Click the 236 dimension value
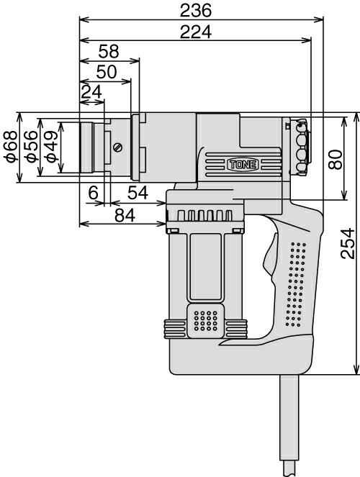point(195,11)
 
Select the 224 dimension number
point(195,32)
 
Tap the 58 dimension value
point(109,51)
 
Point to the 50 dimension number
point(107,72)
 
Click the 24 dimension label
point(91,91)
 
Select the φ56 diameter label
point(32,147)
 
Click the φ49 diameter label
point(50,147)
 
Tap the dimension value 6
point(94,193)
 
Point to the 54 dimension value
point(138,193)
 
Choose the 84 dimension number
point(125,216)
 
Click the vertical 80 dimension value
point(336,159)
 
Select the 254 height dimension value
point(348,244)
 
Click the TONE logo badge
point(243,165)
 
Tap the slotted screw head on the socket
point(117,147)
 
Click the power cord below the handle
point(289,425)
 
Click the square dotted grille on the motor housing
point(206,321)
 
